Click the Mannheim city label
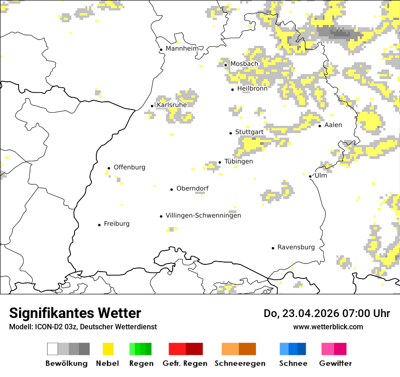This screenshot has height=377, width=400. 182,49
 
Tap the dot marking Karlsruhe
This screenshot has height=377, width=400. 152,106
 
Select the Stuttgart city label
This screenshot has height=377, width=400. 249,132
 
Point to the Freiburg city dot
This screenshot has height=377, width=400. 99,225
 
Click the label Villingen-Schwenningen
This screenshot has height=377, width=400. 203,216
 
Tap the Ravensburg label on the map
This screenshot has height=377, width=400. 296,248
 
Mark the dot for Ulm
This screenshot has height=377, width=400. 310,176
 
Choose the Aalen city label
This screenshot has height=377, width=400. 333,125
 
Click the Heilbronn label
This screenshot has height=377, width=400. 252,89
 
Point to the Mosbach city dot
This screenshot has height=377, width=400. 225,65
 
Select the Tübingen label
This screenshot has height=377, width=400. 239,162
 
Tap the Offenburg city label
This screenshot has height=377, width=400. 130,167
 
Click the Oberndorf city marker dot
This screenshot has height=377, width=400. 171,189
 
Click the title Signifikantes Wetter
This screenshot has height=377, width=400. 75,313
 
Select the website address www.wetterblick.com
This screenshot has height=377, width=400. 328,327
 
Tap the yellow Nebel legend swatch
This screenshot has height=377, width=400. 108,349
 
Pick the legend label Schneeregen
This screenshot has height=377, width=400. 240,364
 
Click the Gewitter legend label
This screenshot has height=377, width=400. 335,364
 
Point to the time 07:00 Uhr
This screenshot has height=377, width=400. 359,314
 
